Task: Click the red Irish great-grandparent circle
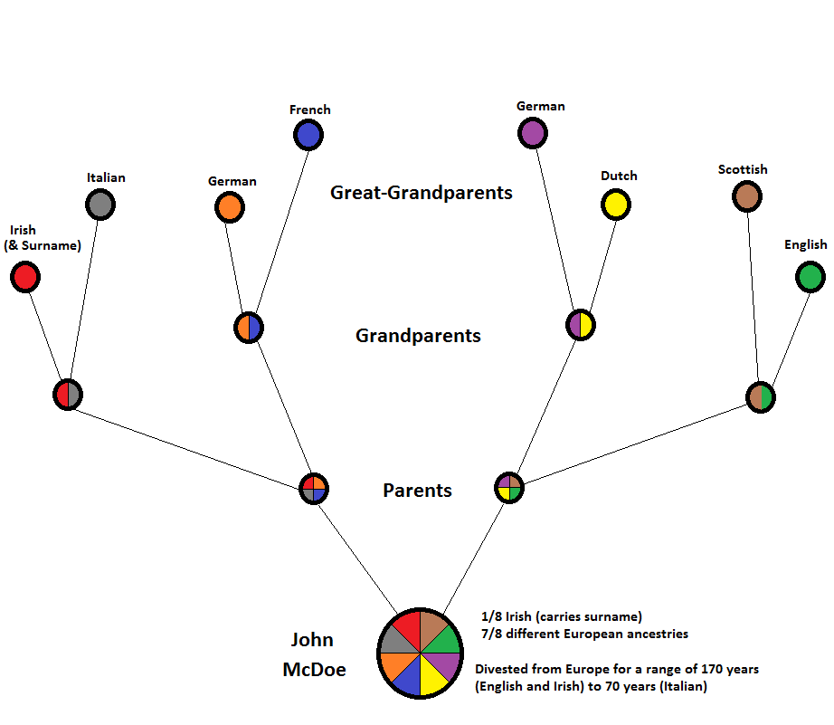pyautogui.click(x=25, y=277)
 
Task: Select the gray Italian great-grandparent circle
pyautogui.click(x=100, y=205)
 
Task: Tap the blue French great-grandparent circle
pyautogui.click(x=308, y=136)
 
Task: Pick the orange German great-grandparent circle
pyautogui.click(x=230, y=208)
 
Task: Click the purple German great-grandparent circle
pyautogui.click(x=533, y=134)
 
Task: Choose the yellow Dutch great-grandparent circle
pyautogui.click(x=616, y=205)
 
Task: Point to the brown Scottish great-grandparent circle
pyautogui.click(x=747, y=196)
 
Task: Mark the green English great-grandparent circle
pyautogui.click(x=810, y=277)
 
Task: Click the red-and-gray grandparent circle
pyautogui.click(x=68, y=395)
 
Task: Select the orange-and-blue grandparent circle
pyautogui.click(x=249, y=328)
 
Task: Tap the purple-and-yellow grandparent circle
pyautogui.click(x=581, y=325)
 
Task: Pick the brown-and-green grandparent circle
pyautogui.click(x=761, y=396)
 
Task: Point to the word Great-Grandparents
pyautogui.click(x=422, y=193)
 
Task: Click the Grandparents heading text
pyautogui.click(x=418, y=336)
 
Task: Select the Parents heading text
pyautogui.click(x=417, y=491)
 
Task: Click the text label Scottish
pyautogui.click(x=743, y=169)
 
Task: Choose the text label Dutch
pyautogui.click(x=619, y=176)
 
